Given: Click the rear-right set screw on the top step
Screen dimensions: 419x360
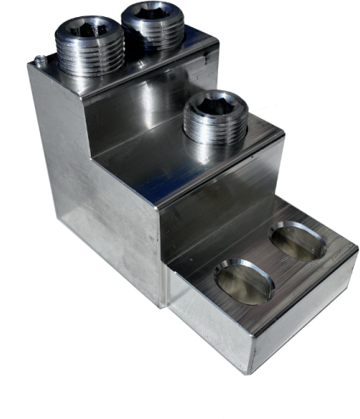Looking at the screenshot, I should [x=153, y=27].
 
